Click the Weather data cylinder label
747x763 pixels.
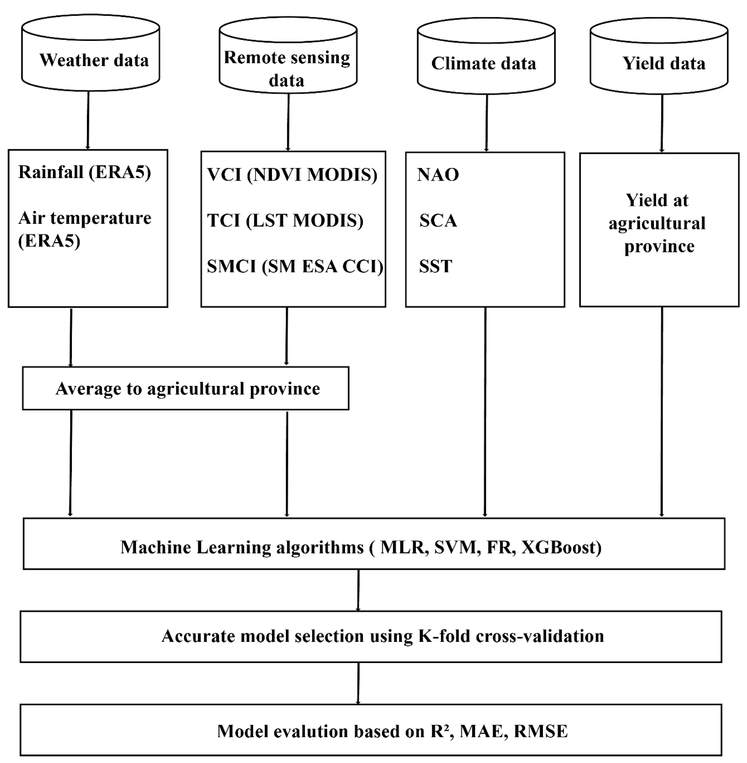(x=94, y=60)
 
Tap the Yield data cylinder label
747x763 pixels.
(x=663, y=64)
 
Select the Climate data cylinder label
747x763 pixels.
(x=483, y=64)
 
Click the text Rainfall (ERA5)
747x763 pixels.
(x=84, y=172)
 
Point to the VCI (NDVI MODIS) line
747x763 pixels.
(x=292, y=175)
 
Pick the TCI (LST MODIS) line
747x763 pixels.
(x=285, y=221)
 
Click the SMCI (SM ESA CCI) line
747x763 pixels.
(x=295, y=267)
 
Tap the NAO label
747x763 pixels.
(x=438, y=175)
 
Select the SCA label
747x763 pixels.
(x=438, y=221)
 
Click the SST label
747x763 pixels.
(x=435, y=267)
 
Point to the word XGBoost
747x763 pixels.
(x=561, y=547)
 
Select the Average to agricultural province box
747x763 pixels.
(x=185, y=388)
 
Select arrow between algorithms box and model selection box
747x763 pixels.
(x=358, y=590)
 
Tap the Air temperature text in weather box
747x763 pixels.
(x=84, y=218)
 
